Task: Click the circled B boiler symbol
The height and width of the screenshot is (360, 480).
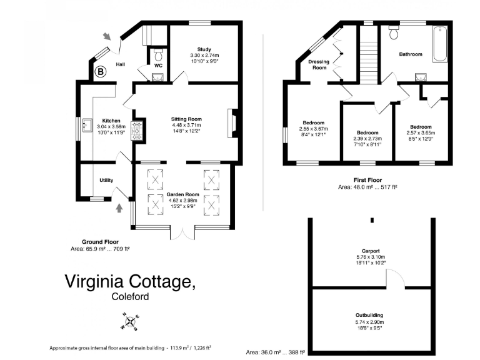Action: click(x=99, y=71)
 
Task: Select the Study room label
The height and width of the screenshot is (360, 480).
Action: click(x=204, y=49)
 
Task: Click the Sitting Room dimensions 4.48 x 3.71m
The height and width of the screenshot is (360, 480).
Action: click(x=187, y=125)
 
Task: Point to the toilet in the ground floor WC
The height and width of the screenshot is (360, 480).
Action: click(x=158, y=52)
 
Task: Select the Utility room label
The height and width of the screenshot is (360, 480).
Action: click(x=106, y=181)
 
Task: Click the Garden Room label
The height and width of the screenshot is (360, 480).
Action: click(x=182, y=194)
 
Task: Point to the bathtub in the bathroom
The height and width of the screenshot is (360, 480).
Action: click(x=439, y=44)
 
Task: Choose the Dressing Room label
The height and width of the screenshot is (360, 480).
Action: click(x=319, y=64)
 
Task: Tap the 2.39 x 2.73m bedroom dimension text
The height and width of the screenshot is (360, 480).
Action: click(x=367, y=139)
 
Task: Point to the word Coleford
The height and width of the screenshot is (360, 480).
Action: click(x=130, y=297)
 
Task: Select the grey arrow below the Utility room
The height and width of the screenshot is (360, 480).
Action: click(x=119, y=207)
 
